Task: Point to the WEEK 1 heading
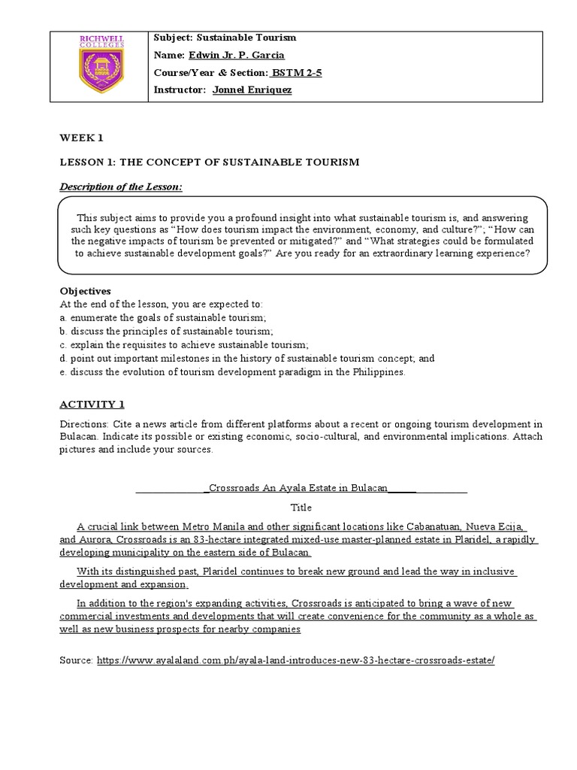tap(81, 138)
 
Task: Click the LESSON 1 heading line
tap(210, 162)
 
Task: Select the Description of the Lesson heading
tap(121, 186)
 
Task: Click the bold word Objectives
tap(85, 291)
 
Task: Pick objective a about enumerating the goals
tap(160, 318)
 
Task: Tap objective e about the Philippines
tap(234, 372)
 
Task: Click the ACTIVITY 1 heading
tap(92, 404)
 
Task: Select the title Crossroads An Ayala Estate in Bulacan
tap(298, 487)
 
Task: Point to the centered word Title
tap(301, 508)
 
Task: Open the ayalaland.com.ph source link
tap(296, 659)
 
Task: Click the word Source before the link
tap(76, 659)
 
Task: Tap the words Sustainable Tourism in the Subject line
tap(245, 38)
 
